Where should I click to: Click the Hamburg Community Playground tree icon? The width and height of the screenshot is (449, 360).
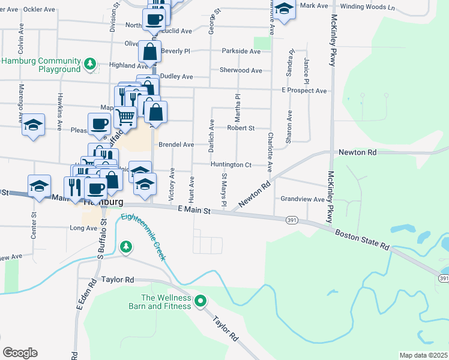[90, 63]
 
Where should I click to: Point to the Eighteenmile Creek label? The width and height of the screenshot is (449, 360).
[143, 237]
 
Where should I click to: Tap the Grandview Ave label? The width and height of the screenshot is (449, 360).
[303, 199]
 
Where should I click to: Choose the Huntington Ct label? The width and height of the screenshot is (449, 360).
[231, 164]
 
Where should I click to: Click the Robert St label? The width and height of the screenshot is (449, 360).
[240, 128]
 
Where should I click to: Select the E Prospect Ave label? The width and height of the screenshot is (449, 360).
[304, 91]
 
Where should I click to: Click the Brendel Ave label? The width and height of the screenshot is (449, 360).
[176, 145]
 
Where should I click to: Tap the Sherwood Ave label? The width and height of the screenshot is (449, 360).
[241, 70]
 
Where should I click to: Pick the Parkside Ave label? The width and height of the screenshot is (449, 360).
[240, 52]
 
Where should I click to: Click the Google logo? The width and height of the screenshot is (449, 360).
[20, 353]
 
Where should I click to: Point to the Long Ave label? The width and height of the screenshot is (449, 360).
[83, 228]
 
